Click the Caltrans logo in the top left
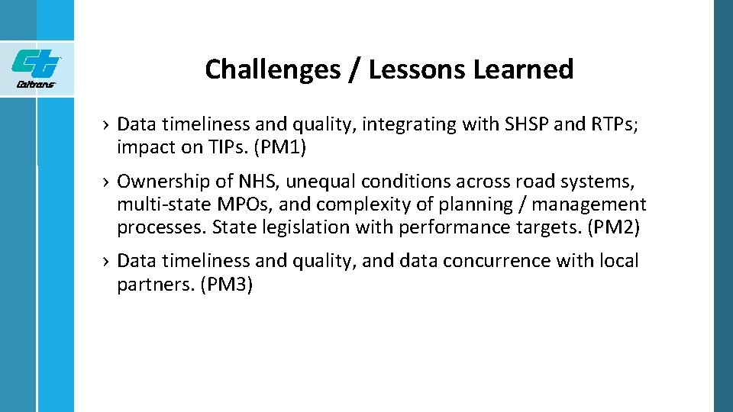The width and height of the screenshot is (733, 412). pyautogui.click(x=36, y=68)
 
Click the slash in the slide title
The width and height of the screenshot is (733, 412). pyautogui.click(x=356, y=69)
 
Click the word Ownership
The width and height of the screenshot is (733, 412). pyautogui.click(x=162, y=182)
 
